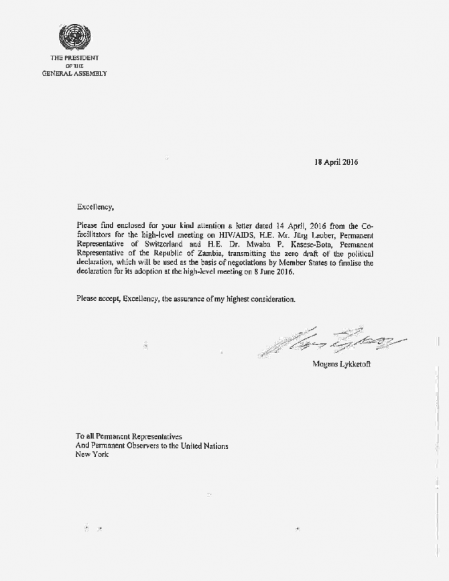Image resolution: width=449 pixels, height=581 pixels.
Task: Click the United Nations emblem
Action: [x=74, y=36]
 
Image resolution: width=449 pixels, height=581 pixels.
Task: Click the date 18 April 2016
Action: [x=336, y=162]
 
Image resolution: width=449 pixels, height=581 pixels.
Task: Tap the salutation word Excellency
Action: [x=95, y=207]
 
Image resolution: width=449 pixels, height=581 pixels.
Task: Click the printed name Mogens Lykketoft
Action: [x=341, y=365]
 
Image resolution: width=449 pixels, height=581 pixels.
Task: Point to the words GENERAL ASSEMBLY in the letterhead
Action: [x=74, y=73]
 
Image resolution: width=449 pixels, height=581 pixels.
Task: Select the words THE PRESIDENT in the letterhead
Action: [x=74, y=58]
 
